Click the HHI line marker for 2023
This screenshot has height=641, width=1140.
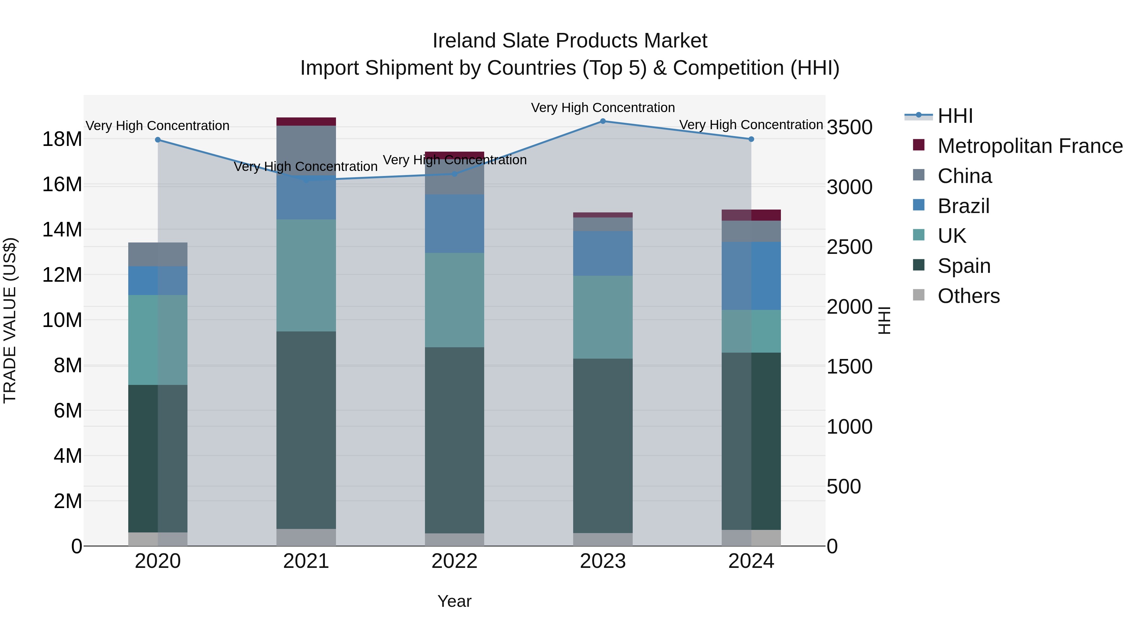(603, 121)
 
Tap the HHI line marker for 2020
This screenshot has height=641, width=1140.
(158, 140)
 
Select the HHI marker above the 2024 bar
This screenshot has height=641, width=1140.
(751, 139)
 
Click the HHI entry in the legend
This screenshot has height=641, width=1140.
(955, 116)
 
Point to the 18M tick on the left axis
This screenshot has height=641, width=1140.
(62, 139)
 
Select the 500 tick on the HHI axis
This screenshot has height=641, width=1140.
(844, 487)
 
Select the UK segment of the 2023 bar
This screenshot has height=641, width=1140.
(603, 317)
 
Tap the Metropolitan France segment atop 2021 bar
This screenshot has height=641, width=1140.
(306, 122)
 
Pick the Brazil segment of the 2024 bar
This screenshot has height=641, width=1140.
(751, 276)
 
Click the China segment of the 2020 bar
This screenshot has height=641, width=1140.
(158, 255)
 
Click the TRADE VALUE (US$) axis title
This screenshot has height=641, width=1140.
(10, 320)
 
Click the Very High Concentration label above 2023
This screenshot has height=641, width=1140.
(603, 108)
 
